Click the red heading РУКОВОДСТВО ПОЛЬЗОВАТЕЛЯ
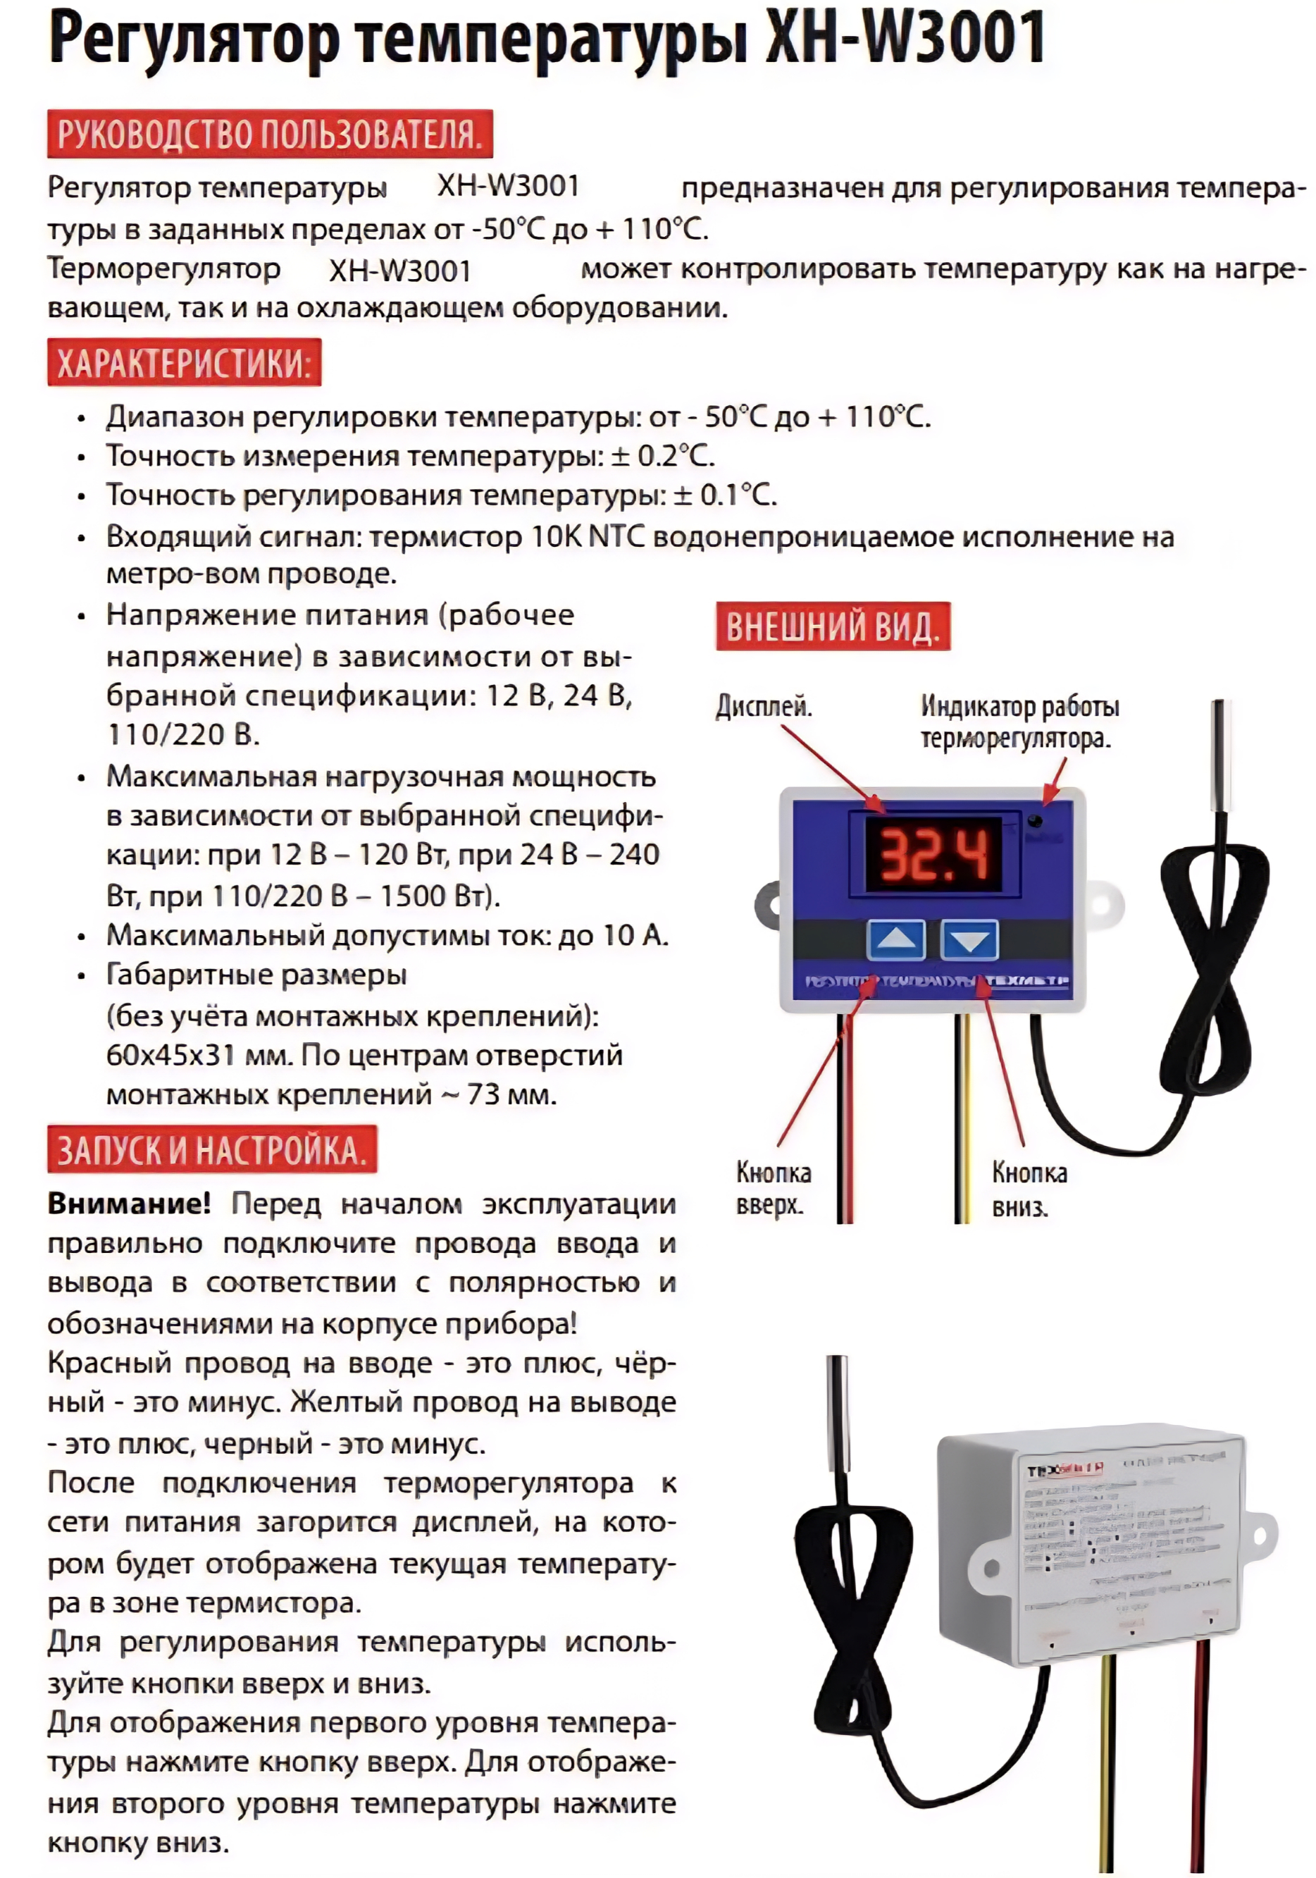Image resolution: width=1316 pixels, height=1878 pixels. tap(269, 133)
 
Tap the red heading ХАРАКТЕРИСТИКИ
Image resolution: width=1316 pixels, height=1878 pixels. tap(184, 362)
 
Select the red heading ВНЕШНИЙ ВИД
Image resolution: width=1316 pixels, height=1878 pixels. tap(832, 626)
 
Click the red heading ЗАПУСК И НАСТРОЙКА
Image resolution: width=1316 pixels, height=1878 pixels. tap(212, 1149)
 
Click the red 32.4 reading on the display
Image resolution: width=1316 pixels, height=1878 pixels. tap(933, 855)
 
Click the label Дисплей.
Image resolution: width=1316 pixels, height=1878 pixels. tap(763, 706)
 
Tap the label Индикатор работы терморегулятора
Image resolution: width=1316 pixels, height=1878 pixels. tap(1019, 722)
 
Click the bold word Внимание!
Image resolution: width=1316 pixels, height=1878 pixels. tap(128, 1203)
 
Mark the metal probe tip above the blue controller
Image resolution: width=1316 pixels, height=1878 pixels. tap(1220, 753)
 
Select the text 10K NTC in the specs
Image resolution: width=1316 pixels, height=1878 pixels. tap(588, 536)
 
